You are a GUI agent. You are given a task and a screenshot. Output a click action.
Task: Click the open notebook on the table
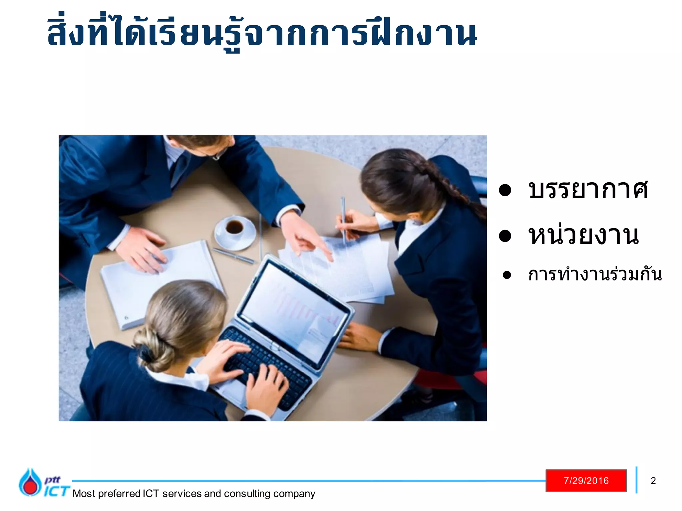[x=160, y=283]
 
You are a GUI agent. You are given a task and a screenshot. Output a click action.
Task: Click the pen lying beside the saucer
[x=233, y=255]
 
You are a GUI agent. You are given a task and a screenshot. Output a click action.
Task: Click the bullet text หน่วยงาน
[x=583, y=236]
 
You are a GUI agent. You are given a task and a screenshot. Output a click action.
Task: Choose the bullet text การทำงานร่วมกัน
[x=595, y=275]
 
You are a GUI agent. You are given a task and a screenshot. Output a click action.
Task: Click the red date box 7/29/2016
[x=586, y=481]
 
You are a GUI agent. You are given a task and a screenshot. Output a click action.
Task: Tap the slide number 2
[x=653, y=481]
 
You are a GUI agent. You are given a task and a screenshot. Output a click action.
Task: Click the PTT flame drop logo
[x=30, y=482]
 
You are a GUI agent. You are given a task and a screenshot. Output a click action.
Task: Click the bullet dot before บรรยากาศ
[x=505, y=190]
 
